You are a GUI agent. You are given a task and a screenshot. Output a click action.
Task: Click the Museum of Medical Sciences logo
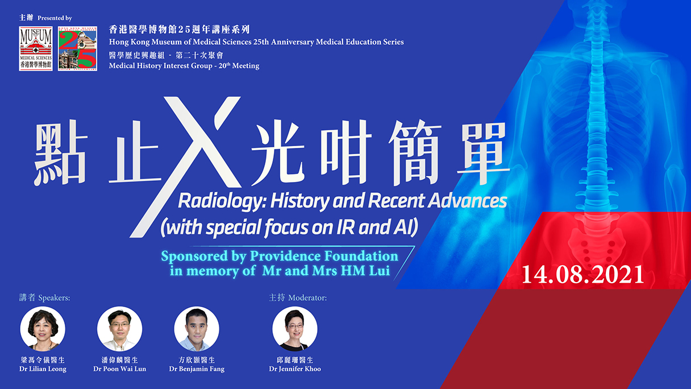(36, 48)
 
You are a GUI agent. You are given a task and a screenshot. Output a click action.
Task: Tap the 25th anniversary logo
(77, 48)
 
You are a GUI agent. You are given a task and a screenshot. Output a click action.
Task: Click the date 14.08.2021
(582, 274)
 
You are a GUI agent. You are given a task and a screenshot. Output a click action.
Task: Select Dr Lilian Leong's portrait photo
(43, 329)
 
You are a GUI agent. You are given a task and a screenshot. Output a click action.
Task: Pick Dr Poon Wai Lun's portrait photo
(120, 329)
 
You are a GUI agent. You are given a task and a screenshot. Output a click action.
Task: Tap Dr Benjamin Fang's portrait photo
(197, 329)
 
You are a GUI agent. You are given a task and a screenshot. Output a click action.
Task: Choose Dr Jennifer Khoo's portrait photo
(295, 329)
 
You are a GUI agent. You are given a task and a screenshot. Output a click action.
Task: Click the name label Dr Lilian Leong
(43, 369)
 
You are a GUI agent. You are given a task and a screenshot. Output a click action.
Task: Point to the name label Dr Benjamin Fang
(197, 369)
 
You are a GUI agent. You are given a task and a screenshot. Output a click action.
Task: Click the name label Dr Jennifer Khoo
(295, 369)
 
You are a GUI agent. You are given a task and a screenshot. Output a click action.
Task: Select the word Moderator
(307, 298)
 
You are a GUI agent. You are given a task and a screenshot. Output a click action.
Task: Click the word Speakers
(54, 298)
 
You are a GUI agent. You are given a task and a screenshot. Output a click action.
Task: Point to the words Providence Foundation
(324, 256)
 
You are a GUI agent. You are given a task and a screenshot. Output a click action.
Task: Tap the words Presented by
(55, 18)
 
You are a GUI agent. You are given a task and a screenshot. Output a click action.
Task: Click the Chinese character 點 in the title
(60, 154)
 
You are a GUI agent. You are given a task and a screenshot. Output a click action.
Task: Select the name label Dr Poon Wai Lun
(120, 369)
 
